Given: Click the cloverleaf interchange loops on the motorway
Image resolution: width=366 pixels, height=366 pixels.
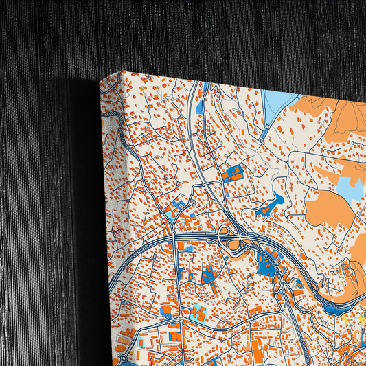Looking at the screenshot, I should tap(233, 241).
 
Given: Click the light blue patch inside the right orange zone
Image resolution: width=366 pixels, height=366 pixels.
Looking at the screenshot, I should tap(350, 190).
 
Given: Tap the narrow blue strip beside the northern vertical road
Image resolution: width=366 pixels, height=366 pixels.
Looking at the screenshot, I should tap(200, 106).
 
